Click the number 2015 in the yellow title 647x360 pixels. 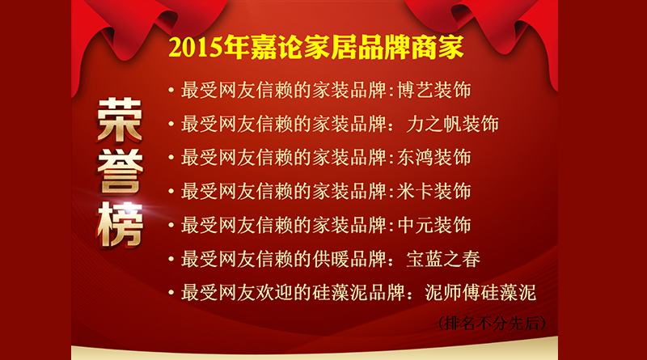tap(196, 48)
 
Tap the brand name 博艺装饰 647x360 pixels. tap(433, 90)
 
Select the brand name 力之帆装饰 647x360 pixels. tap(452, 124)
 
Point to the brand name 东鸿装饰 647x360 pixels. tap(433, 158)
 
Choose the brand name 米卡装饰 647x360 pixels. tap(433, 192)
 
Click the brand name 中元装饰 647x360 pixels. tap(433, 226)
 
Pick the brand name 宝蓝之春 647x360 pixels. tap(443, 259)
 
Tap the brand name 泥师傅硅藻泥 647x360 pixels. tap(480, 293)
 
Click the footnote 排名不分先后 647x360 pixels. tap(492, 324)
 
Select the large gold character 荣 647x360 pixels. tap(120, 121)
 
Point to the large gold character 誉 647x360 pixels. tap(120, 172)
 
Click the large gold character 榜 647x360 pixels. tap(120, 225)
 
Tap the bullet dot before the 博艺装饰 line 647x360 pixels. tap(171, 90)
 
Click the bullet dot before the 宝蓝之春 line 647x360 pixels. tap(171, 259)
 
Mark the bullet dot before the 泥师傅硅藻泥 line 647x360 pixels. tap(171, 293)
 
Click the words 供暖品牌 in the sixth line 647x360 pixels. tap(349, 259)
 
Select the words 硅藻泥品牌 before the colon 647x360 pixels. tap(358, 293)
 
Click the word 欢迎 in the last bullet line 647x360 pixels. tap(275, 293)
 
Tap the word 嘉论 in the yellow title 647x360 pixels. tap(277, 48)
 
